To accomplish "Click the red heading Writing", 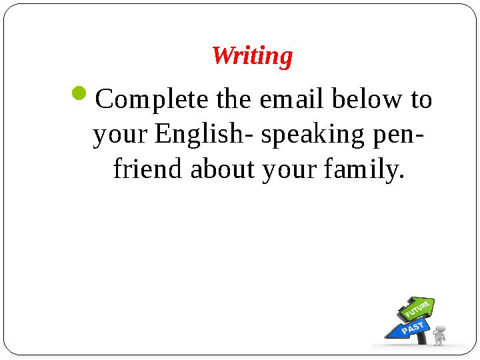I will coord(252,56).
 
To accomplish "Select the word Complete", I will coord(153,100).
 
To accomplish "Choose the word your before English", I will coord(121,135).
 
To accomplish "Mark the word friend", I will coord(149,170).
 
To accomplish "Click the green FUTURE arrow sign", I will coord(417,309).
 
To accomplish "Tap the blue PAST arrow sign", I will coord(408,327).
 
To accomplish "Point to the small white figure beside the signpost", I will coord(439,334).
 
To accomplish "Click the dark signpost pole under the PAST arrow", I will coord(423,338).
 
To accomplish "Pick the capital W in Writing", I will coord(221,56).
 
